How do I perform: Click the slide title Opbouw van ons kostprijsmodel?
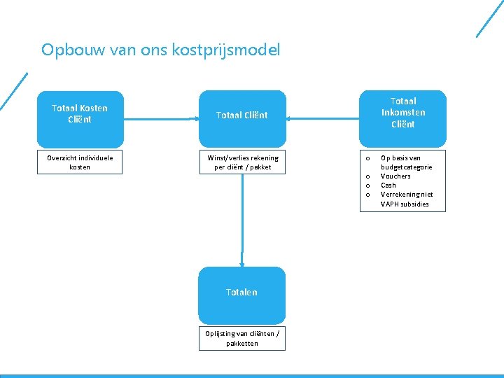pyautogui.click(x=160, y=50)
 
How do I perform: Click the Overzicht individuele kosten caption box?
pyautogui.click(x=80, y=162)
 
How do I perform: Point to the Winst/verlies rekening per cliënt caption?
pyautogui.click(x=242, y=162)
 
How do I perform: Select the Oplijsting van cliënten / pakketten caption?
pyautogui.click(x=241, y=339)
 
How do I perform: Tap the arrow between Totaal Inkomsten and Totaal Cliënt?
pyautogui.click(x=322, y=119)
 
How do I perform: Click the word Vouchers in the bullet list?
pyautogui.click(x=395, y=176)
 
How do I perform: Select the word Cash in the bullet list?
pyautogui.click(x=388, y=185)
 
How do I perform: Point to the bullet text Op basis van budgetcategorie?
pyautogui.click(x=406, y=162)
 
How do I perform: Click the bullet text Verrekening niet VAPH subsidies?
pyautogui.click(x=406, y=199)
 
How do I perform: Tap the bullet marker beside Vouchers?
pyautogui.click(x=367, y=176)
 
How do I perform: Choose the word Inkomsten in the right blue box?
pyautogui.click(x=403, y=113)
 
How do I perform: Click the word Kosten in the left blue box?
pyautogui.click(x=94, y=108)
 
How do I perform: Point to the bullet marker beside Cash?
pyautogui.click(x=367, y=185)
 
